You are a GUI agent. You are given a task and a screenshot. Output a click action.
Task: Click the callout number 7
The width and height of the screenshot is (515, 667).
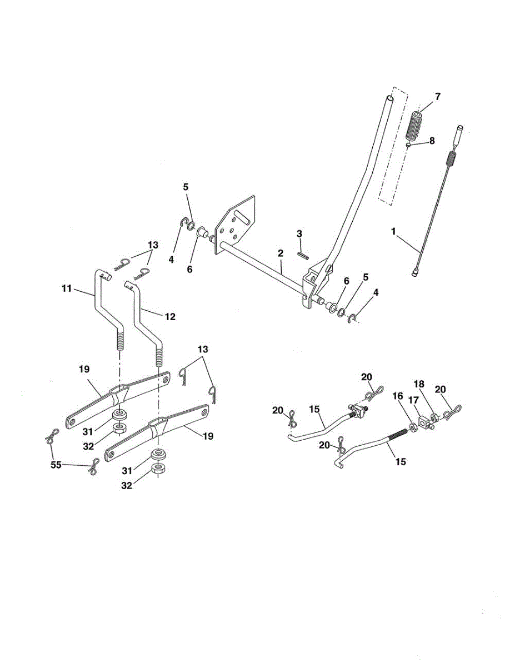click(438, 97)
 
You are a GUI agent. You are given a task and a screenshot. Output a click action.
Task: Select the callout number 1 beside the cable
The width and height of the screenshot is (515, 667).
click(393, 232)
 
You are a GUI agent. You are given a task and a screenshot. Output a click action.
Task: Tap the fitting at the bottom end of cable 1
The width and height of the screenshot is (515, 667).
click(415, 272)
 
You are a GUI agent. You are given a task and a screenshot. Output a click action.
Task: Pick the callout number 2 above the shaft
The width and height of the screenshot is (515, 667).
click(281, 253)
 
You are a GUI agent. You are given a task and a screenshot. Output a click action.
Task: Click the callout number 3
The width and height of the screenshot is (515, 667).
click(299, 233)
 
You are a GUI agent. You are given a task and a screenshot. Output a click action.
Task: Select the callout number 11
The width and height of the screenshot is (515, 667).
click(67, 288)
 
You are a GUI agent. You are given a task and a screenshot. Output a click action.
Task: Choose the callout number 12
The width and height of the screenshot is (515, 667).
click(170, 316)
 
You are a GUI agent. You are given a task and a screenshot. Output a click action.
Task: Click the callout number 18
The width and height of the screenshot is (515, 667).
click(419, 384)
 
